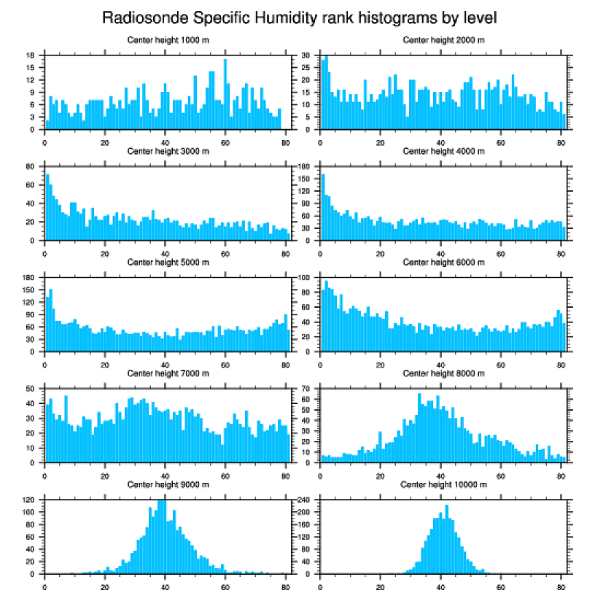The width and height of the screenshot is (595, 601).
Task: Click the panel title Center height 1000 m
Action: pos(168,40)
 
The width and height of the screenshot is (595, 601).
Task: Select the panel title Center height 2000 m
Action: pos(443,40)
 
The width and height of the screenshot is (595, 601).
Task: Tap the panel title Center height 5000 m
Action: pos(168,262)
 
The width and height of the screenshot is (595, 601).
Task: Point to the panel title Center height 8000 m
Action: pos(443,373)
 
